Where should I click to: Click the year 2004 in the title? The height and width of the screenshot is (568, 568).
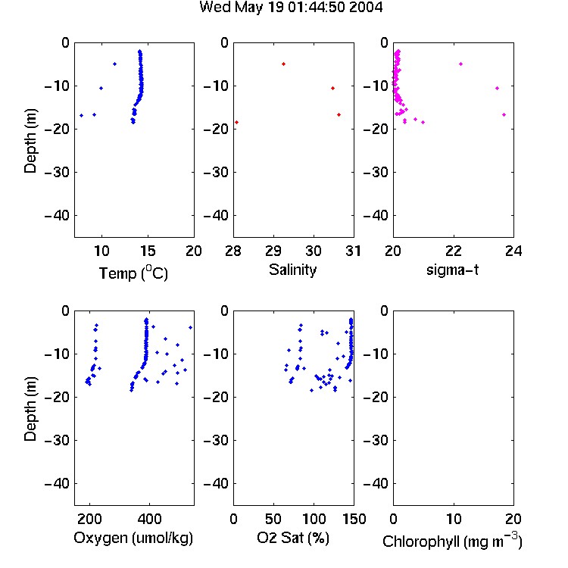[366, 7]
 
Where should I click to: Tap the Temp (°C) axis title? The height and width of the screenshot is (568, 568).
[133, 273]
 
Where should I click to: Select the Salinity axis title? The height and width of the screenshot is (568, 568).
[292, 270]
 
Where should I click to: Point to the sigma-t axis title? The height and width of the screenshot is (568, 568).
[452, 270]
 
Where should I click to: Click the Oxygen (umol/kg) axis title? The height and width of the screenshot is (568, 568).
[133, 538]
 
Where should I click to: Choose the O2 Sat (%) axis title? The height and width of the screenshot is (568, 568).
[293, 538]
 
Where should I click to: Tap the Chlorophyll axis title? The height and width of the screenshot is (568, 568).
[452, 541]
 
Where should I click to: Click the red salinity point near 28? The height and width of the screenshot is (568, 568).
[236, 123]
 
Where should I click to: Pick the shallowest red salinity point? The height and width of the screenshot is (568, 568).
[284, 64]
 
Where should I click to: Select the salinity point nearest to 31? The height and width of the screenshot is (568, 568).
[339, 115]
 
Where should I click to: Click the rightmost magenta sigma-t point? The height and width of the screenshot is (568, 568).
[504, 115]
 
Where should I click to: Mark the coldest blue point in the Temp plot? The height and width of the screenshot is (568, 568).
[82, 116]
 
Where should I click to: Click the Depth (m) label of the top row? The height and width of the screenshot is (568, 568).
[30, 141]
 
